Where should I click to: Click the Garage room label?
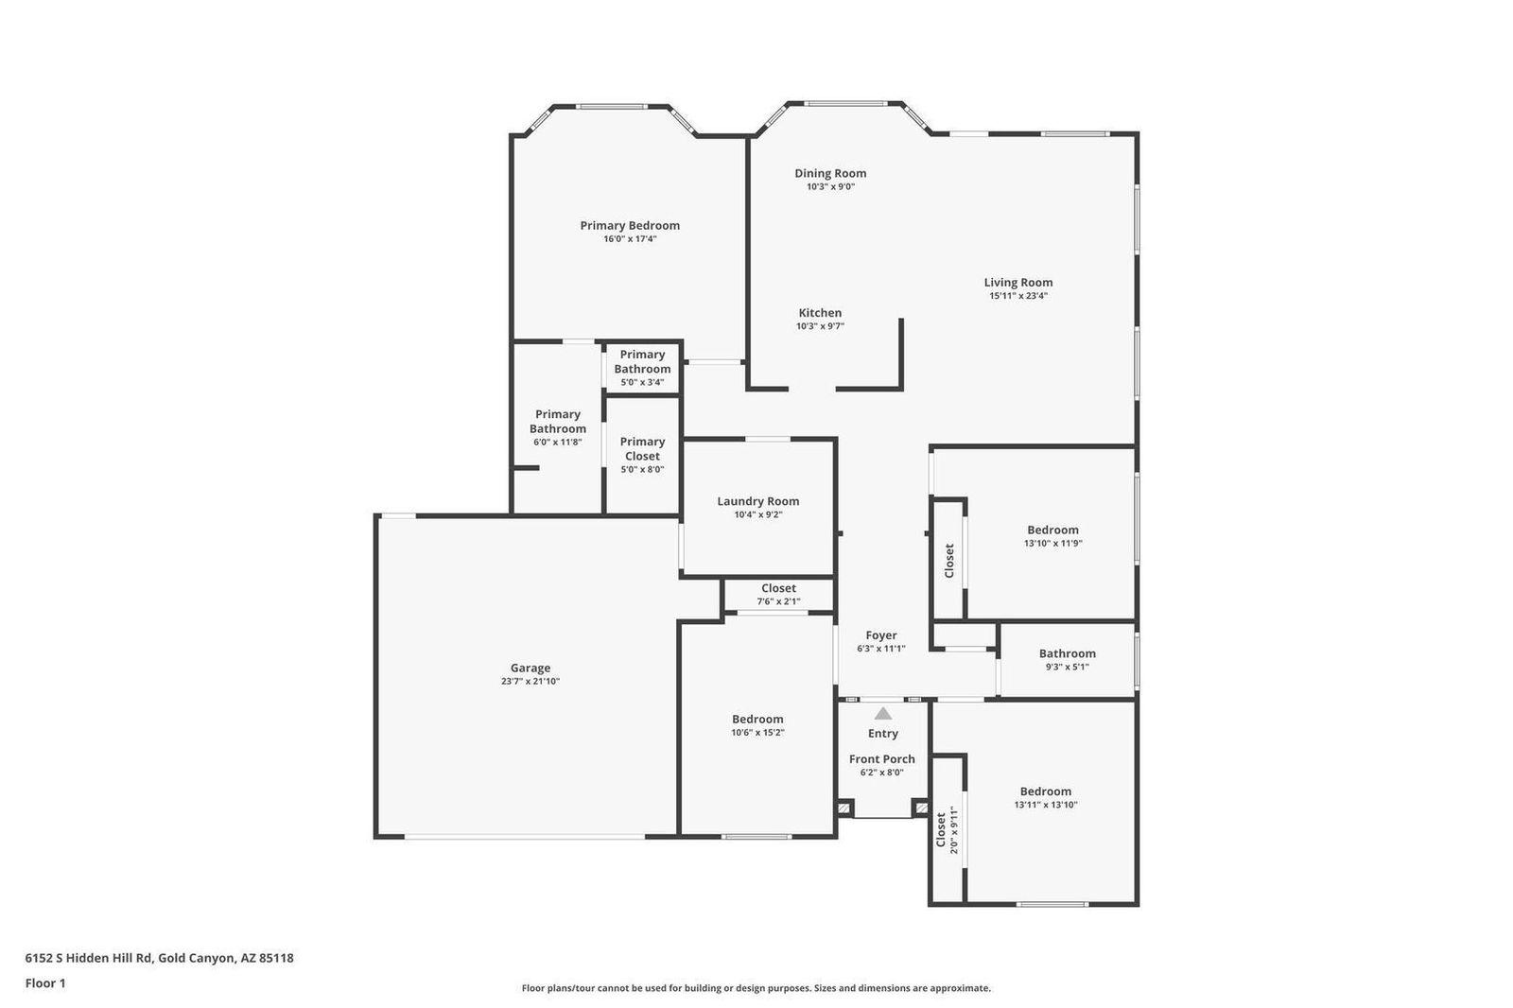click(x=530, y=668)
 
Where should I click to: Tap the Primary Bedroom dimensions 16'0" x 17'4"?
click(x=630, y=239)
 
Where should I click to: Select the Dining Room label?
click(x=830, y=173)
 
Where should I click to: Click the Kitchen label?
click(x=820, y=313)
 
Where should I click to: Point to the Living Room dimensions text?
click(x=1017, y=296)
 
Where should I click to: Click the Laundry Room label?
click(x=757, y=501)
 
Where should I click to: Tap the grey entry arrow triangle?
click(x=882, y=714)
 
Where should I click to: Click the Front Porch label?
click(x=881, y=758)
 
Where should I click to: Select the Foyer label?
click(x=881, y=635)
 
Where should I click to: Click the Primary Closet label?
click(x=642, y=448)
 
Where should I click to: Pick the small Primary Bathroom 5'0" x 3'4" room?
click(x=642, y=367)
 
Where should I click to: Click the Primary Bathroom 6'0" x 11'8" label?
click(x=557, y=422)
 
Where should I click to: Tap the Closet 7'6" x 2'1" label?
click(x=778, y=588)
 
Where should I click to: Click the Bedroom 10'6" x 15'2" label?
click(x=756, y=719)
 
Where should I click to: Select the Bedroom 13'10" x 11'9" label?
click(x=1052, y=530)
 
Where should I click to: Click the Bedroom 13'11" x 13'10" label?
click(x=1045, y=791)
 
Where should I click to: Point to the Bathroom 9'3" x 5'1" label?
click(x=1067, y=653)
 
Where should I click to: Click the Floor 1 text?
click(x=45, y=983)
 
